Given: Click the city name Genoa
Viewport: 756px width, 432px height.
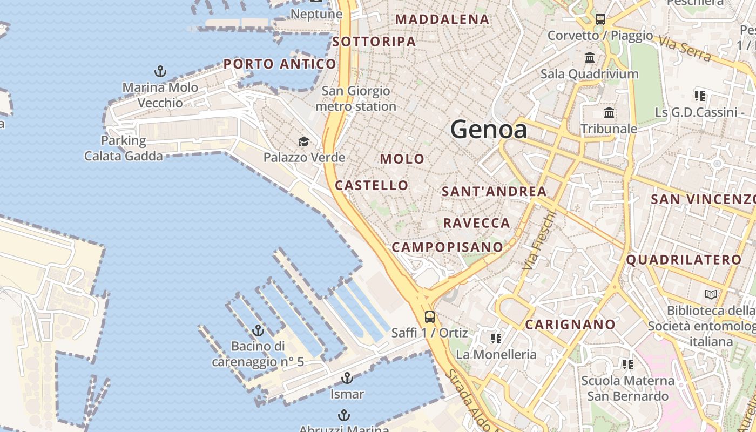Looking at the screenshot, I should (x=488, y=130).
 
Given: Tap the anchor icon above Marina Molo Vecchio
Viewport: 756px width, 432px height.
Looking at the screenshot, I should (x=160, y=71).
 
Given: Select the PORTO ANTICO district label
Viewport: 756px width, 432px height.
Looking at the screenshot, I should (x=280, y=64).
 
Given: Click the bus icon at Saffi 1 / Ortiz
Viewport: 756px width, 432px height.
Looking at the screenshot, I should (x=430, y=317).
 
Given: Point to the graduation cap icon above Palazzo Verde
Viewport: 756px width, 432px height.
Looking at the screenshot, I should (x=304, y=142).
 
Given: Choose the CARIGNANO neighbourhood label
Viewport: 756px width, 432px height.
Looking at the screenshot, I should (x=570, y=325).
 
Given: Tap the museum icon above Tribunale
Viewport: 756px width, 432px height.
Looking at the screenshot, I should (x=610, y=113).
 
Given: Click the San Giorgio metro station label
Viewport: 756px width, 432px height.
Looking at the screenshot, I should (x=356, y=98).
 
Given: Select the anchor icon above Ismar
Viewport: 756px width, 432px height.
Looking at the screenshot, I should (x=347, y=378).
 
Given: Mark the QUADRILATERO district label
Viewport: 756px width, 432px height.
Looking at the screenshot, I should (x=684, y=260).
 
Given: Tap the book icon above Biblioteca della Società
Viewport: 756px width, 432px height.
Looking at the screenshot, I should (x=711, y=295).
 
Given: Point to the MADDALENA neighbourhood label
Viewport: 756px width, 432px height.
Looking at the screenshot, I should (x=442, y=19).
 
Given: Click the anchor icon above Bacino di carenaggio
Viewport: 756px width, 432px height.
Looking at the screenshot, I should (x=258, y=330).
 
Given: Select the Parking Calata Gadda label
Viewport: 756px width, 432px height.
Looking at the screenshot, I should (x=123, y=148).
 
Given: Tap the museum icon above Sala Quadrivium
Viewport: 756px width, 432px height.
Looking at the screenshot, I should (x=590, y=58).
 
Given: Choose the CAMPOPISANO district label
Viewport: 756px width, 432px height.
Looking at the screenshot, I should (x=447, y=247).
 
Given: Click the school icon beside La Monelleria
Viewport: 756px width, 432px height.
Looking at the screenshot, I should (x=496, y=339).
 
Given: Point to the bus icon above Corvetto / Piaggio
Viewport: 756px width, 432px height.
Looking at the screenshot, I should (x=600, y=20).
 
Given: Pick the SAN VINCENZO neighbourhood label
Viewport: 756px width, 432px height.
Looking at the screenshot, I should (x=703, y=199).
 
